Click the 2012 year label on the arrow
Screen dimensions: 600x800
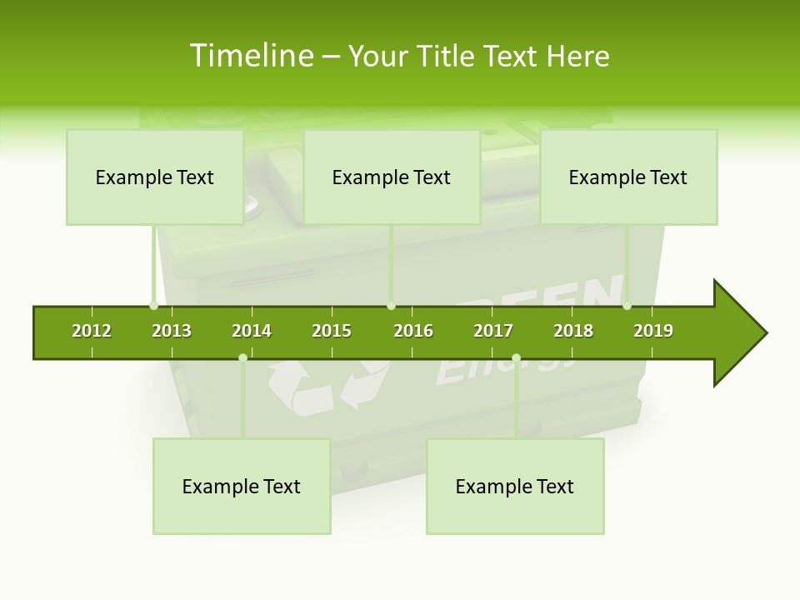[92, 331]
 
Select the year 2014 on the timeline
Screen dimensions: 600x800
[252, 331]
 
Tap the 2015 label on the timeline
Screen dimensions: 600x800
[332, 331]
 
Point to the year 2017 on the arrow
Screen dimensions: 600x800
[493, 331]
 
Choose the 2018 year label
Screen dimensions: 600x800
[573, 331]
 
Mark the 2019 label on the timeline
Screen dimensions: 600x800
[653, 331]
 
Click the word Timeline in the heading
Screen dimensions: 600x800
[250, 56]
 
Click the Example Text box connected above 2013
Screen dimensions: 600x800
[155, 177]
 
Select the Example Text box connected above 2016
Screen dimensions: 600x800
[392, 177]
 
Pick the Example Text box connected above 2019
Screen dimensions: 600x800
[628, 177]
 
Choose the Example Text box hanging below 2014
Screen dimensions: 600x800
[242, 486]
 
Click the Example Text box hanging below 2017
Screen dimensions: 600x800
[515, 486]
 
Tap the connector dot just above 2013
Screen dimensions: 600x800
[153, 306]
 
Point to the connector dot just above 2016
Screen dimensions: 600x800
[392, 306]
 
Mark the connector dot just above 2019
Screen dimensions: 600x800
[627, 306]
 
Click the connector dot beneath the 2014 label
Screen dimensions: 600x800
[242, 357]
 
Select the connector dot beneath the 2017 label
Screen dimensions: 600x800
[516, 357]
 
